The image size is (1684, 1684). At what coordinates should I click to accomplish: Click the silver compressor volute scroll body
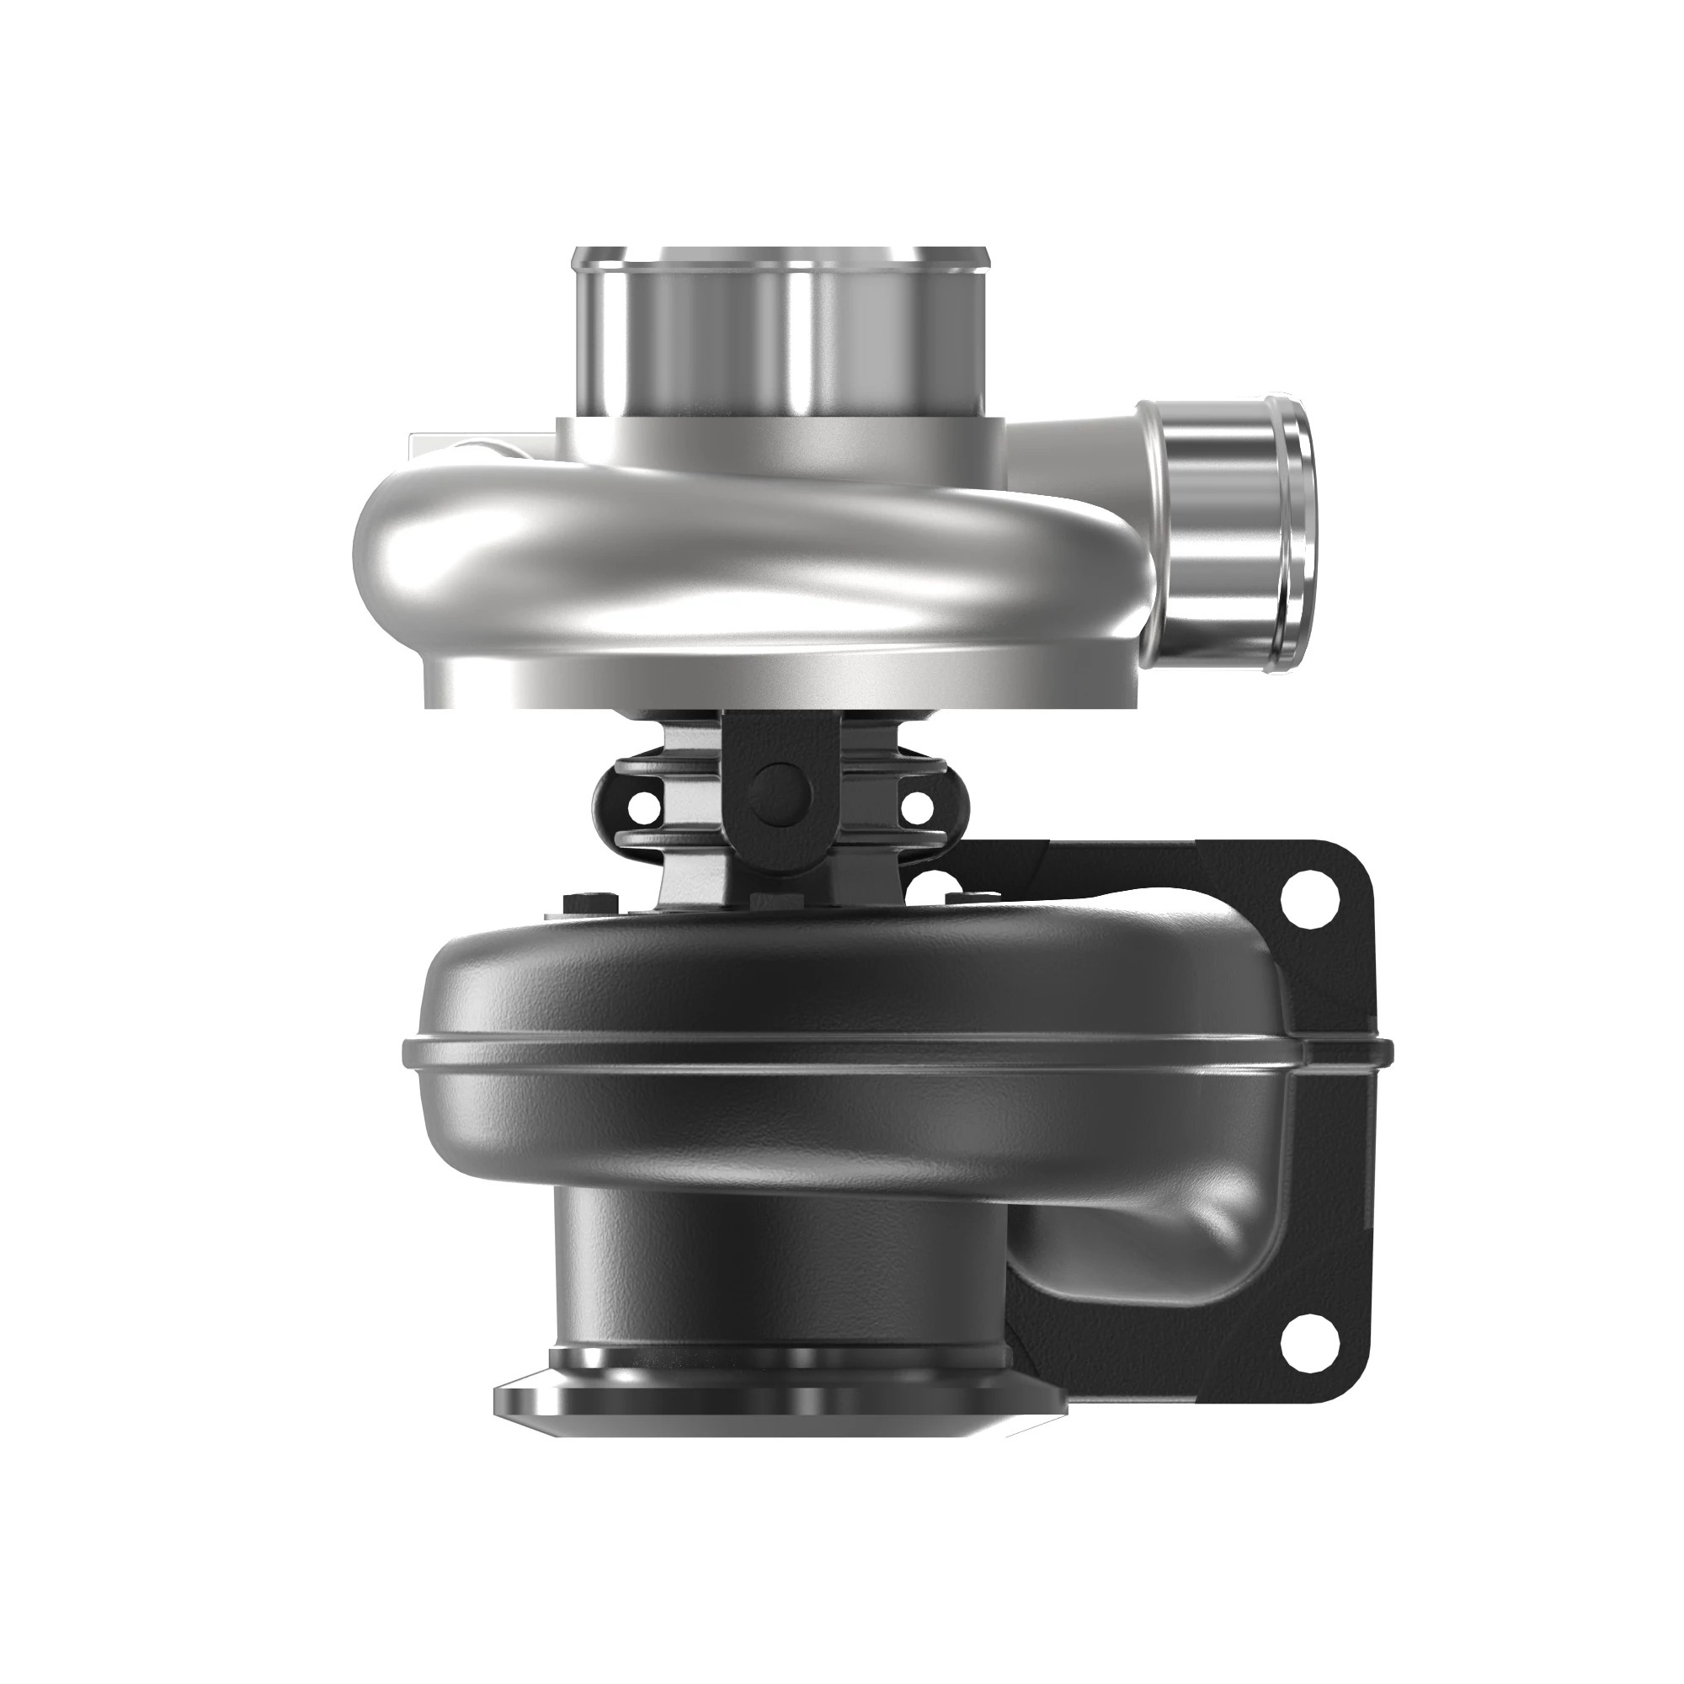pyautogui.click(x=697, y=558)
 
